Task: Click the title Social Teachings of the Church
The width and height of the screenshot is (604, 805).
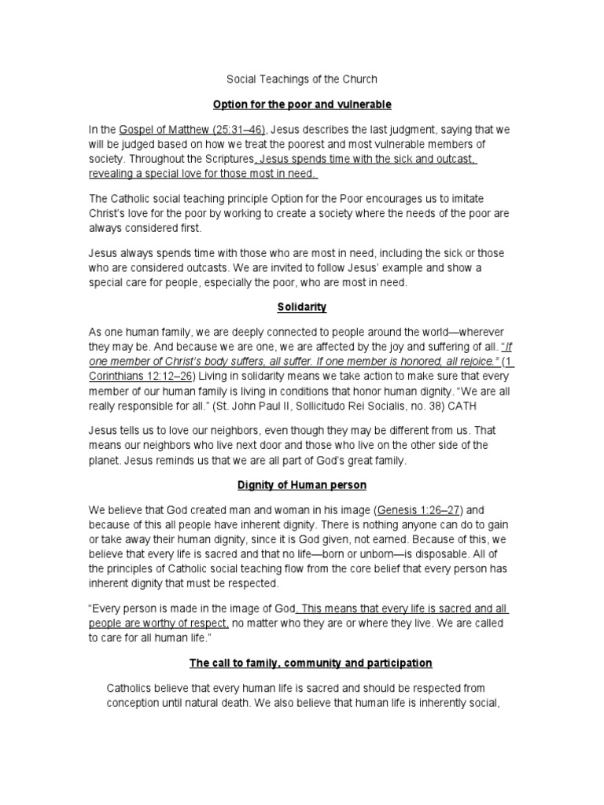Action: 302,79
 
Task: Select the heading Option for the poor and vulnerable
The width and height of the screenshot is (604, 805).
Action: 302,104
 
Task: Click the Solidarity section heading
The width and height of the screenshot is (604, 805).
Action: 302,307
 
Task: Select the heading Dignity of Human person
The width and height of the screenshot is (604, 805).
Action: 302,485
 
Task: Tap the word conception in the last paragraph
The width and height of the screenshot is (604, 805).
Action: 138,703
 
